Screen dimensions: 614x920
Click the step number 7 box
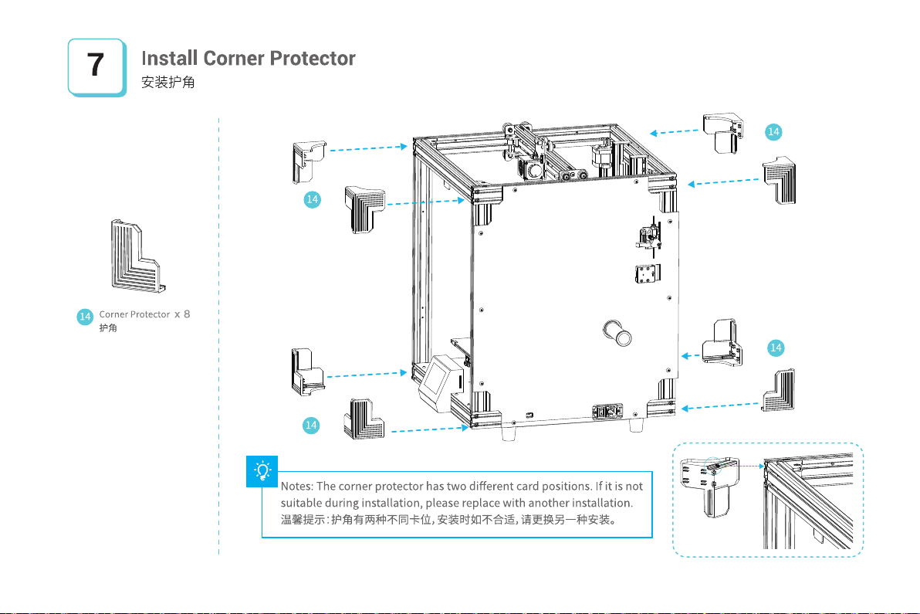point(96,66)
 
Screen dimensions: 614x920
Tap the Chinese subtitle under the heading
point(167,83)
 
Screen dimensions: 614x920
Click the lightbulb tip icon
point(263,470)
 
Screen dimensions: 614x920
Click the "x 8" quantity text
point(181,315)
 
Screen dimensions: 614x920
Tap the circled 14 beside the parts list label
point(86,316)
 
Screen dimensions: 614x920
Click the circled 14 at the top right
point(773,132)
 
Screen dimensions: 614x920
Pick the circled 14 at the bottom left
point(311,424)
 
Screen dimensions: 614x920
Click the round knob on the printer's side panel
point(618,334)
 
